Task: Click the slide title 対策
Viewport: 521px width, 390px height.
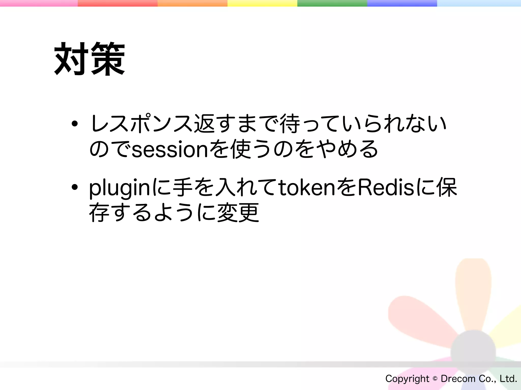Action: coord(90,59)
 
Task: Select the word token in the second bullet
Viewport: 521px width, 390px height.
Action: coord(307,188)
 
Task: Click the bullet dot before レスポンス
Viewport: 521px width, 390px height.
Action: coord(75,124)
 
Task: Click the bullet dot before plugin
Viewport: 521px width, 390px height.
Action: coord(75,187)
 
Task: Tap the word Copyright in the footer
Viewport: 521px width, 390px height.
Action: coord(407,379)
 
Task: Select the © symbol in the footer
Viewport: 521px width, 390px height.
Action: coord(435,379)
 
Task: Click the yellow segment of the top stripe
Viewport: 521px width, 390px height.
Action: coord(262,3)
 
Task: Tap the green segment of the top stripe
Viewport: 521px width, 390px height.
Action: coord(332,3)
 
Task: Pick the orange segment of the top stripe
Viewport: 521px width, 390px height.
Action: coord(192,3)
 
